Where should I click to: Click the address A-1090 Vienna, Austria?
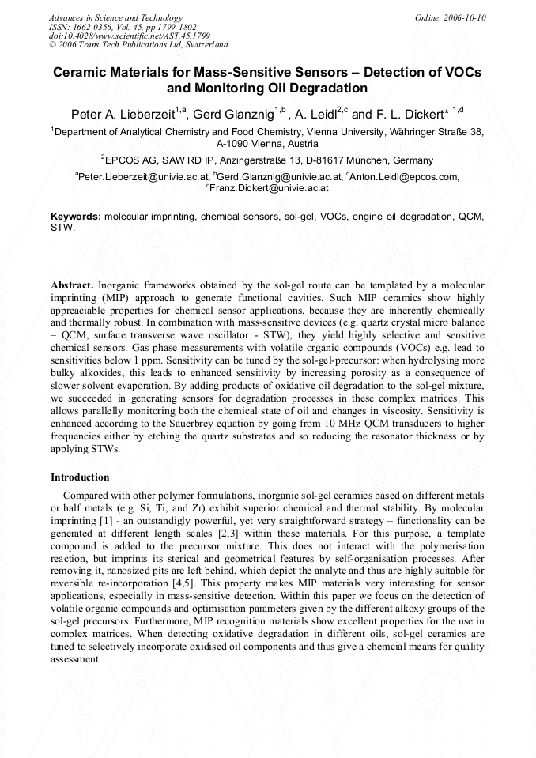click(267, 145)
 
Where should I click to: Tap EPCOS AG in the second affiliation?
click(132, 160)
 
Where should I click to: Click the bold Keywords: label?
click(76, 217)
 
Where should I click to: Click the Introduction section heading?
click(80, 477)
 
